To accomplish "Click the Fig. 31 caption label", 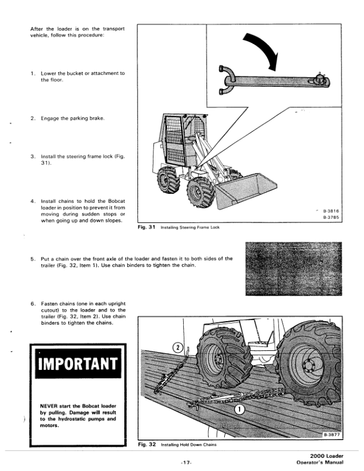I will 146,227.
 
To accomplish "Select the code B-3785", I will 331,218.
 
